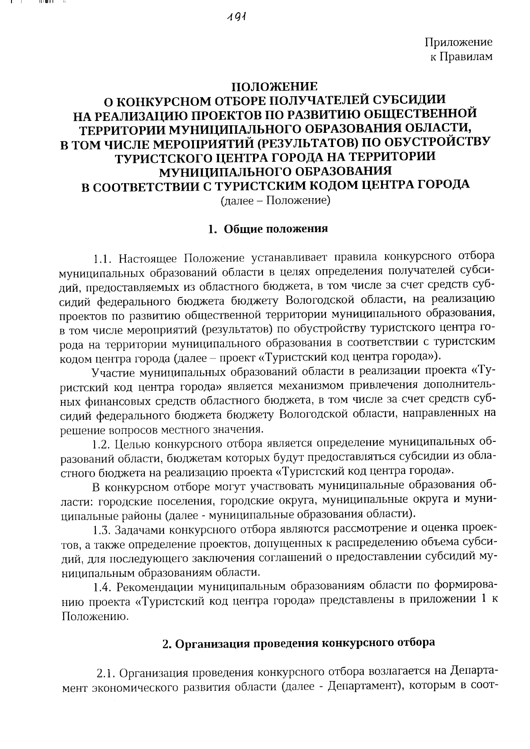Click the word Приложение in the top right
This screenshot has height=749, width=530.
458,42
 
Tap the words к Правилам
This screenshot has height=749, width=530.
461,56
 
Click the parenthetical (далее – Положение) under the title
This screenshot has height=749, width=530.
275,201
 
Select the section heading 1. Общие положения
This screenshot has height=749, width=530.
268,229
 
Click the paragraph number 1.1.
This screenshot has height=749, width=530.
103,257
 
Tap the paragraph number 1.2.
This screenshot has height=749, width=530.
103,443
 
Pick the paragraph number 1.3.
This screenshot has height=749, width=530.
103,530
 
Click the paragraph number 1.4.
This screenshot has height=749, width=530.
103,587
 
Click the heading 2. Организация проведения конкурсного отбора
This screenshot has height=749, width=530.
299,642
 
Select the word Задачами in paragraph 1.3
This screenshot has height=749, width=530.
141,530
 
